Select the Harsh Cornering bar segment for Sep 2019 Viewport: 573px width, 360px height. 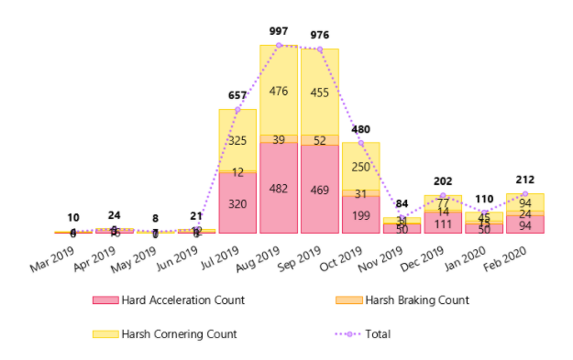320,92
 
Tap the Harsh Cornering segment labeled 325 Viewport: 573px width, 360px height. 237,140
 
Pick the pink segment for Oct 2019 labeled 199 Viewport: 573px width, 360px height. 361,214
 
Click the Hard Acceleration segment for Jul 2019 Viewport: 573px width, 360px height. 237,203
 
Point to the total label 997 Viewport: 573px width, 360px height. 279,31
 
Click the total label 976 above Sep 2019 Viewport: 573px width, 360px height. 320,35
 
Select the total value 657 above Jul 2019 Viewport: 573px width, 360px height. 237,95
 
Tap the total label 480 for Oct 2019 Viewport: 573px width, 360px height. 361,129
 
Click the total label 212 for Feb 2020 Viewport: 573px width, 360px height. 526,180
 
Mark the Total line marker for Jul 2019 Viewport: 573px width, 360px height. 237,109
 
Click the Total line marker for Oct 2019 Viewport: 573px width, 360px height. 361,143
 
